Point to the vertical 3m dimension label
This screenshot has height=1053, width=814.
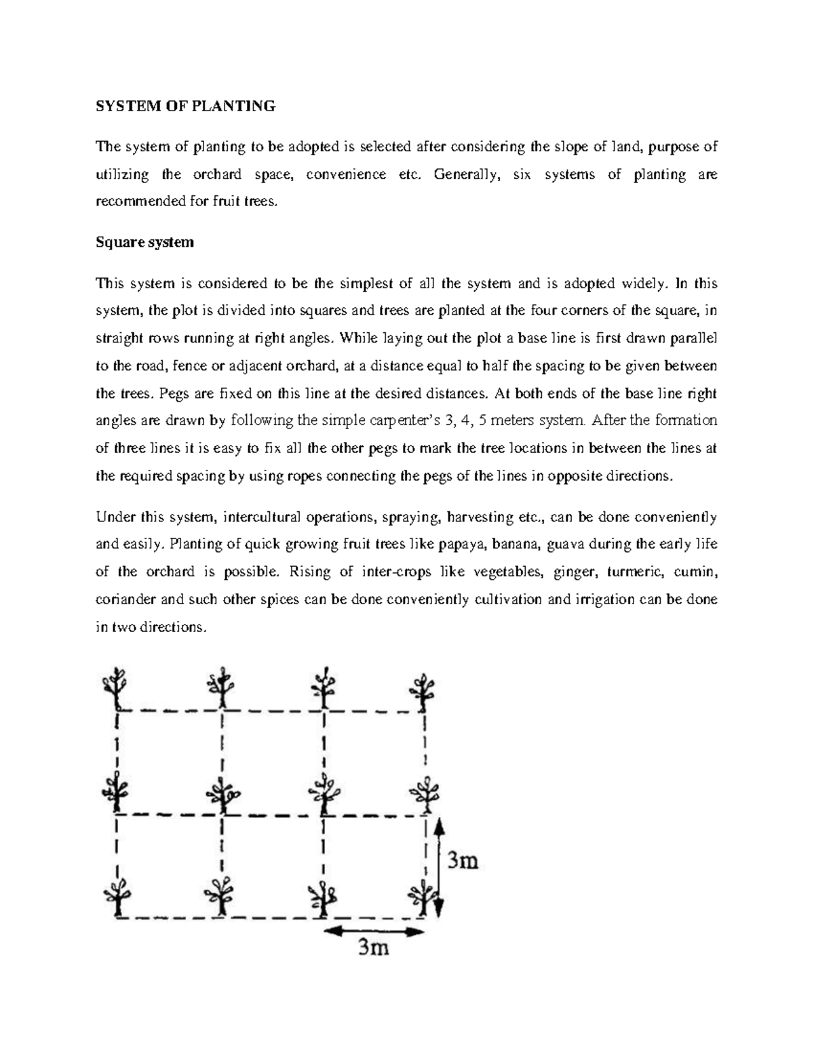[x=462, y=860]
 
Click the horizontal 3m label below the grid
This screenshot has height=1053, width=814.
[x=373, y=947]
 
